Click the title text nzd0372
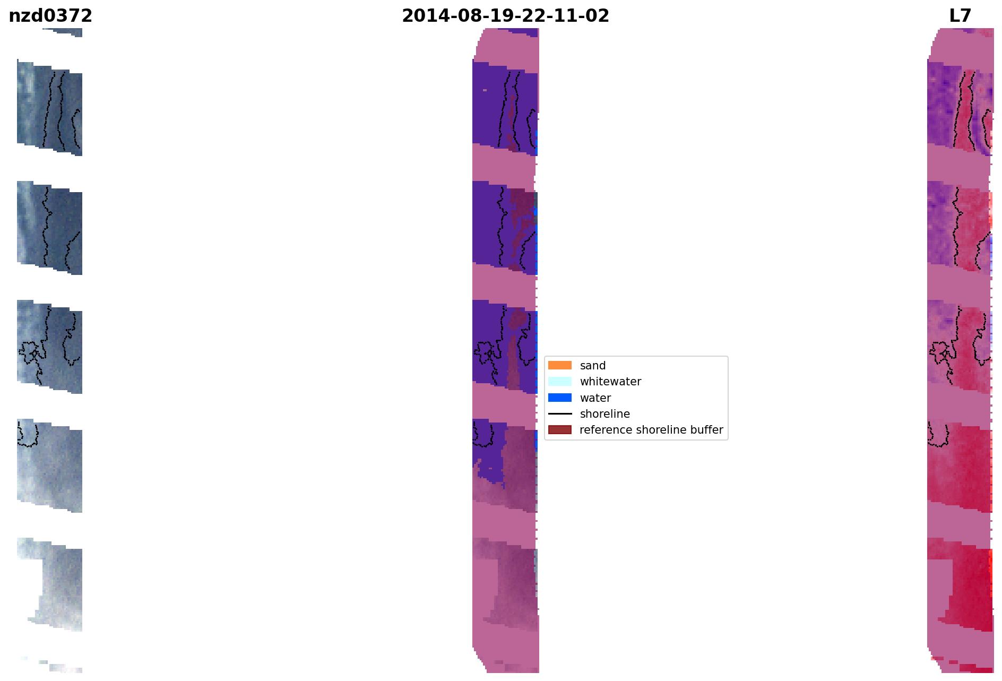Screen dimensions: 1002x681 click(50, 16)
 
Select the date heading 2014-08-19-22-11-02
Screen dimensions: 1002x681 click(505, 16)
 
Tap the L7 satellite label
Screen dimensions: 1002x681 click(960, 16)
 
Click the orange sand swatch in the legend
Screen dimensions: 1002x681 click(560, 365)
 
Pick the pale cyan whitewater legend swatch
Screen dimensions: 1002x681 click(560, 381)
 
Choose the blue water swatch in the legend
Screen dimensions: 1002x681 click(560, 398)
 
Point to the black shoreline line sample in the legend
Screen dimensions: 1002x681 click(560, 413)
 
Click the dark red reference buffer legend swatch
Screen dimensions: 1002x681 click(560, 429)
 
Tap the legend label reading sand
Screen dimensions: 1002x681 click(593, 366)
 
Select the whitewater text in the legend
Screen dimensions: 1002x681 click(610, 382)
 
